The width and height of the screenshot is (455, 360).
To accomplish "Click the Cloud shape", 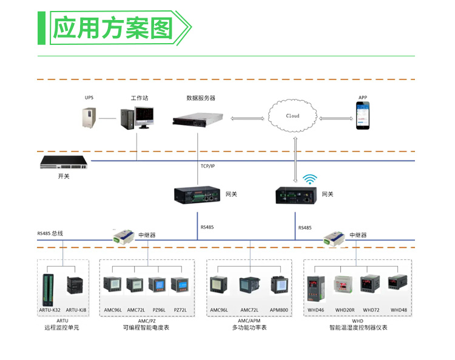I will [293, 115].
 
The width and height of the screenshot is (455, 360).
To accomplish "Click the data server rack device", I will [197, 117].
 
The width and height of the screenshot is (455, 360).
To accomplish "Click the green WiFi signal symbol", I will [310, 179].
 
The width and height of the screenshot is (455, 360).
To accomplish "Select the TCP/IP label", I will [208, 166].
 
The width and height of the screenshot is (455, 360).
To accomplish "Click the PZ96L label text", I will [159, 310].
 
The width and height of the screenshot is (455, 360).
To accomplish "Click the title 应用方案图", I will [113, 28].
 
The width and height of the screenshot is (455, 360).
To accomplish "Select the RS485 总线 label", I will [50, 233].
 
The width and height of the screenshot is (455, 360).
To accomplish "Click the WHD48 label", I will [399, 310].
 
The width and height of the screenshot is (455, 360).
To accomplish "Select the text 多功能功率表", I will [249, 328].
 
